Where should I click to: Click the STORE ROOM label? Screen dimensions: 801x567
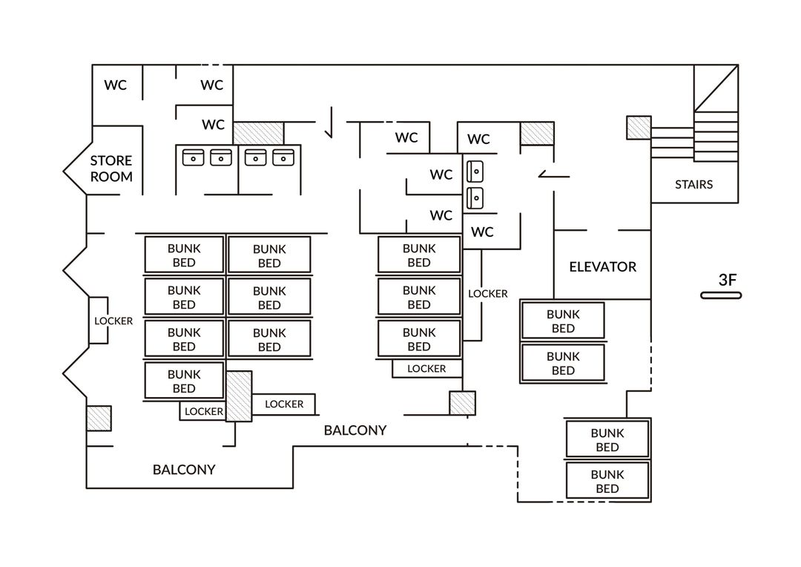(x=111, y=168)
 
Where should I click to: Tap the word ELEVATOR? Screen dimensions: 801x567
(x=603, y=267)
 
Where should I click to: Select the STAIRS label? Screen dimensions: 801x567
(x=693, y=185)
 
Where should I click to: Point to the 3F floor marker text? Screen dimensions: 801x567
(x=728, y=280)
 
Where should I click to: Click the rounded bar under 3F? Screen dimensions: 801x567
(x=721, y=295)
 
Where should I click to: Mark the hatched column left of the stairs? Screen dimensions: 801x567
(x=639, y=128)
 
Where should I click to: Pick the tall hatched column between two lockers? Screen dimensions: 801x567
(x=239, y=396)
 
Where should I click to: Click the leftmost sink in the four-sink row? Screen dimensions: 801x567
(x=193, y=157)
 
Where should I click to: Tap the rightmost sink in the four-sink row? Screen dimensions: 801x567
(x=283, y=157)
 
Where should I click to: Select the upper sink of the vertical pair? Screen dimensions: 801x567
(x=475, y=171)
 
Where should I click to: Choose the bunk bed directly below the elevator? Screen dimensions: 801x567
(x=563, y=321)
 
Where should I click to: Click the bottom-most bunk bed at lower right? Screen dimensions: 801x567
(x=607, y=481)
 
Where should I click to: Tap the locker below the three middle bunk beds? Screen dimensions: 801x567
(x=427, y=369)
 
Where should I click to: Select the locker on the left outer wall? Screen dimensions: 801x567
(x=99, y=321)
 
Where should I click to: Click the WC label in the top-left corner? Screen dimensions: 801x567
(x=116, y=85)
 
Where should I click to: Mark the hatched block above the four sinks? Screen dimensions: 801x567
(x=259, y=133)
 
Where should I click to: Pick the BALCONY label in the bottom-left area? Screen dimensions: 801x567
(x=184, y=469)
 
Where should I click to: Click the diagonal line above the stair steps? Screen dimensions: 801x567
(x=716, y=88)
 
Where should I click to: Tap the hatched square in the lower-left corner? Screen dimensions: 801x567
(x=99, y=419)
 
